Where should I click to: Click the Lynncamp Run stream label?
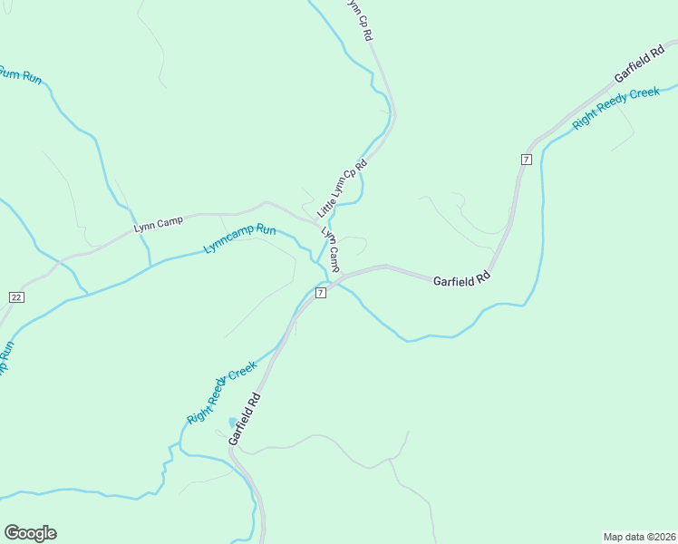(x=239, y=238)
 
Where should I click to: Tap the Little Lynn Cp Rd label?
(x=342, y=189)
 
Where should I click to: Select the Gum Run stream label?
(x=19, y=76)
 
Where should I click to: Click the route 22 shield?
(x=15, y=297)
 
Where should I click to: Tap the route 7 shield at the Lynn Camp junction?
(x=321, y=292)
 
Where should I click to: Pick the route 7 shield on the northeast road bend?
(x=526, y=160)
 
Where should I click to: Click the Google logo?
(x=30, y=533)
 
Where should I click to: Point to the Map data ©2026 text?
(x=639, y=537)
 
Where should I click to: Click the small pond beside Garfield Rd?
(x=233, y=422)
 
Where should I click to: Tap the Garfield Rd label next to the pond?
(x=245, y=418)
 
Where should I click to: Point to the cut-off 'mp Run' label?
(x=5, y=359)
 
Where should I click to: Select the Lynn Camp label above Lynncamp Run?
(x=158, y=222)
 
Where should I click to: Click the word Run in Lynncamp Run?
(x=265, y=230)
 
